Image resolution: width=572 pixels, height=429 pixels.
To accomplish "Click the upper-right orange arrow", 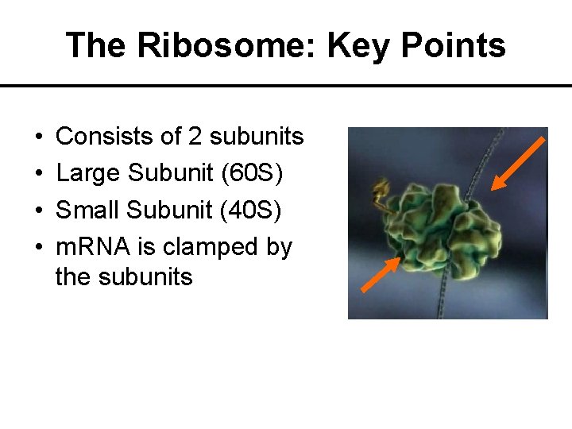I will (516, 164).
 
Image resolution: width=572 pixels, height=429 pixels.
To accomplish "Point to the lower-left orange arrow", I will (381, 276).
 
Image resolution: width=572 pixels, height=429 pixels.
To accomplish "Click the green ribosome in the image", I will (433, 223).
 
